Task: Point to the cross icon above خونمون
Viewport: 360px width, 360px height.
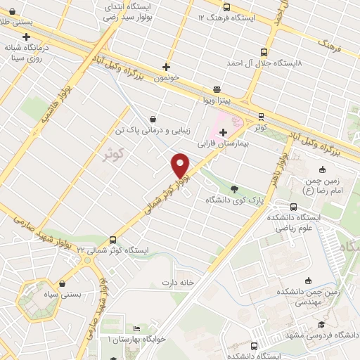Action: click(166, 67)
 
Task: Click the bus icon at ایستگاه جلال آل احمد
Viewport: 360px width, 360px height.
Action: click(264, 52)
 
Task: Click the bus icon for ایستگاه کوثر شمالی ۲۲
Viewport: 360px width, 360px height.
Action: click(114, 239)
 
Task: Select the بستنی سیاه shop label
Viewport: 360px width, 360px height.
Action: click(63, 295)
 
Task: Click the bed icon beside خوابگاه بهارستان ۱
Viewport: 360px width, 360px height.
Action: click(136, 329)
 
